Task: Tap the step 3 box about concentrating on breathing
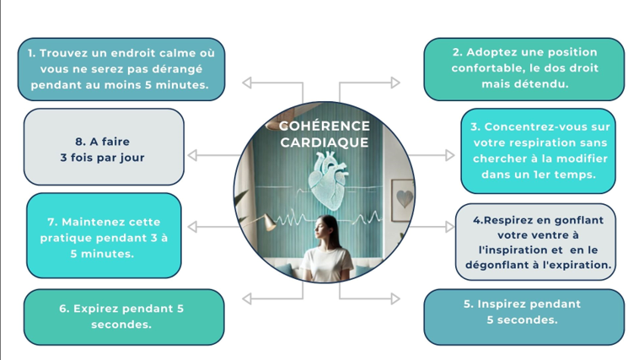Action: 539,150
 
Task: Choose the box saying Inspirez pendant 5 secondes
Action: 523,312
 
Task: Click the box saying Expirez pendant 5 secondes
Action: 121,316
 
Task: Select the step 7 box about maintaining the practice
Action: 105,237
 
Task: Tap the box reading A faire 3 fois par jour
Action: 103,149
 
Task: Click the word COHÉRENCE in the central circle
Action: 324,126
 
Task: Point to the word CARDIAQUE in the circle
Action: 325,142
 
